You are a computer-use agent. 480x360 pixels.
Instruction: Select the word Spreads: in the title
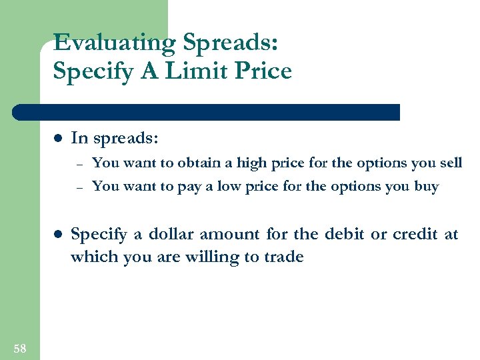click(x=231, y=43)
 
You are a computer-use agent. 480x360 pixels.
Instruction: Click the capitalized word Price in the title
click(x=263, y=71)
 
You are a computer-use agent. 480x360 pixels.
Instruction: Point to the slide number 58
click(x=20, y=348)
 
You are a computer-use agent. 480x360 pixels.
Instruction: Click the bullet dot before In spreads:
click(x=57, y=139)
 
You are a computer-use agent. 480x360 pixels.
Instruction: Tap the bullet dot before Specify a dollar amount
click(x=57, y=235)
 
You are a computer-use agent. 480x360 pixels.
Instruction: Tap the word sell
click(x=451, y=163)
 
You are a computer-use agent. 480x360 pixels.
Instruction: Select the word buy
click(x=426, y=187)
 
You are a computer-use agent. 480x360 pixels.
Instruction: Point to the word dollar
click(x=163, y=234)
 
